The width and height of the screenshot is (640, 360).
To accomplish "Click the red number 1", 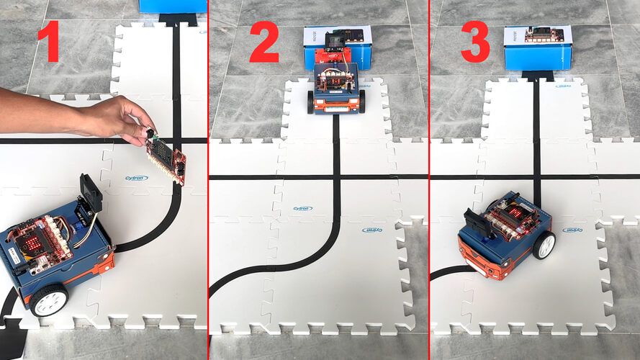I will pyautogui.click(x=48, y=43).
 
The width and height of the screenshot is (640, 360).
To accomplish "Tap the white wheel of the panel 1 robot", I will pyautogui.click(x=49, y=299).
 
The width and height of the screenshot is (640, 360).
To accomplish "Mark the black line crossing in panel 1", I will pyautogui.click(x=176, y=140).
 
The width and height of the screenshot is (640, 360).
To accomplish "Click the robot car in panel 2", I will pyautogui.click(x=336, y=88).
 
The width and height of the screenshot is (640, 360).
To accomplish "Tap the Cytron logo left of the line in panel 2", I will pyautogui.click(x=303, y=208).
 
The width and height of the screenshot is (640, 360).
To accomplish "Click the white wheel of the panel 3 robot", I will pyautogui.click(x=545, y=245).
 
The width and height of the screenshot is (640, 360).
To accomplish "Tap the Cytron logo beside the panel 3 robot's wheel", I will pyautogui.click(x=572, y=230).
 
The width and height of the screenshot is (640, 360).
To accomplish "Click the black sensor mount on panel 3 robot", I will pyautogui.click(x=477, y=219).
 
